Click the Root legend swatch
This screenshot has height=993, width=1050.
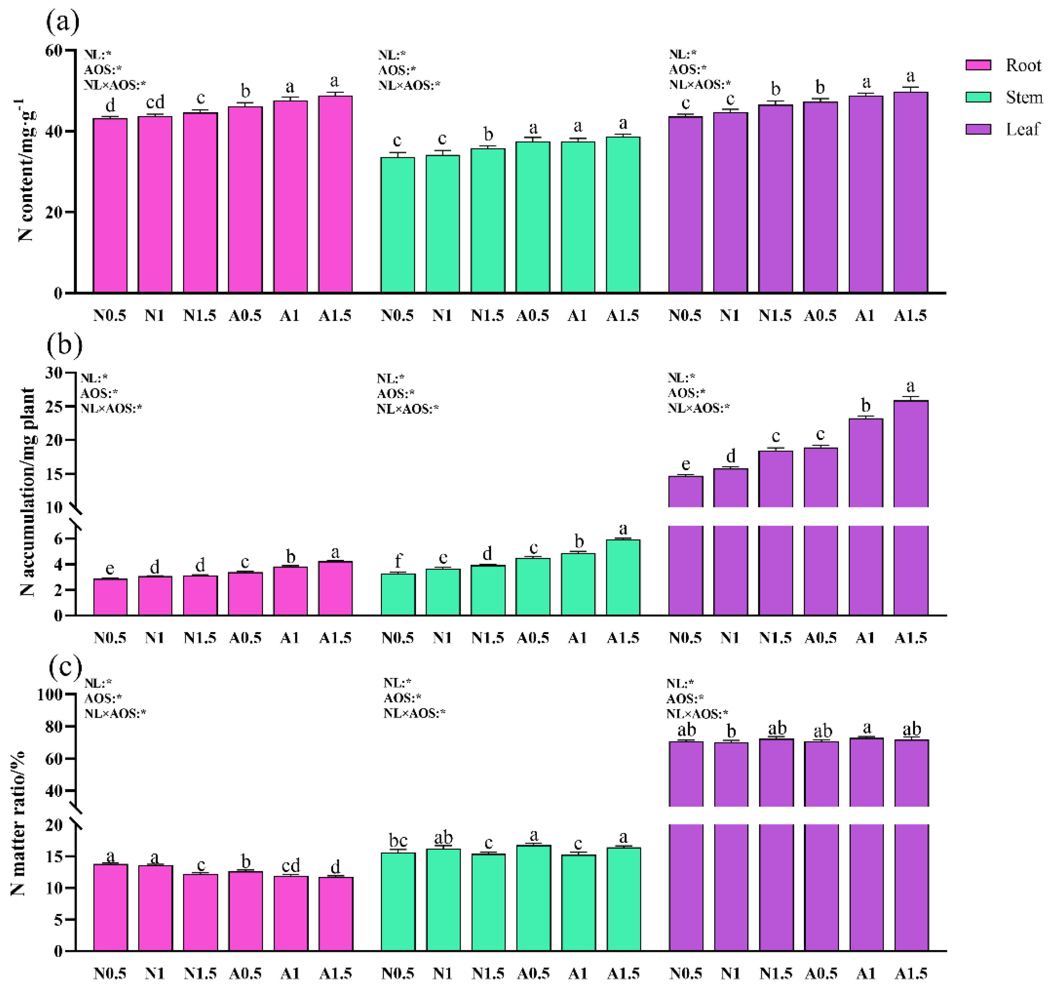(978, 65)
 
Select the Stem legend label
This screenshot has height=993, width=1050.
(1023, 97)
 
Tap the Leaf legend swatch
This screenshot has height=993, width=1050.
(978, 129)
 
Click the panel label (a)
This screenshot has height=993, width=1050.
(63, 22)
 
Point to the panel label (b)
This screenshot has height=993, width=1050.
(64, 345)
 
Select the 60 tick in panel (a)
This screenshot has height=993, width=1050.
(53, 51)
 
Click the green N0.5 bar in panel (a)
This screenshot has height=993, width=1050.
(397, 225)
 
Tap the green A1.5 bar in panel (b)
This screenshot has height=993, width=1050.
(623, 577)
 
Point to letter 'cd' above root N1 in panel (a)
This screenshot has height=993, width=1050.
(155, 102)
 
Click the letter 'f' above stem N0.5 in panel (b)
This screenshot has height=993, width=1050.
(398, 560)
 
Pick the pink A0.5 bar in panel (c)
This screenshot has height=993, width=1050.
(245, 911)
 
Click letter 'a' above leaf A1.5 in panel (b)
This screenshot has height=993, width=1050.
(910, 386)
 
